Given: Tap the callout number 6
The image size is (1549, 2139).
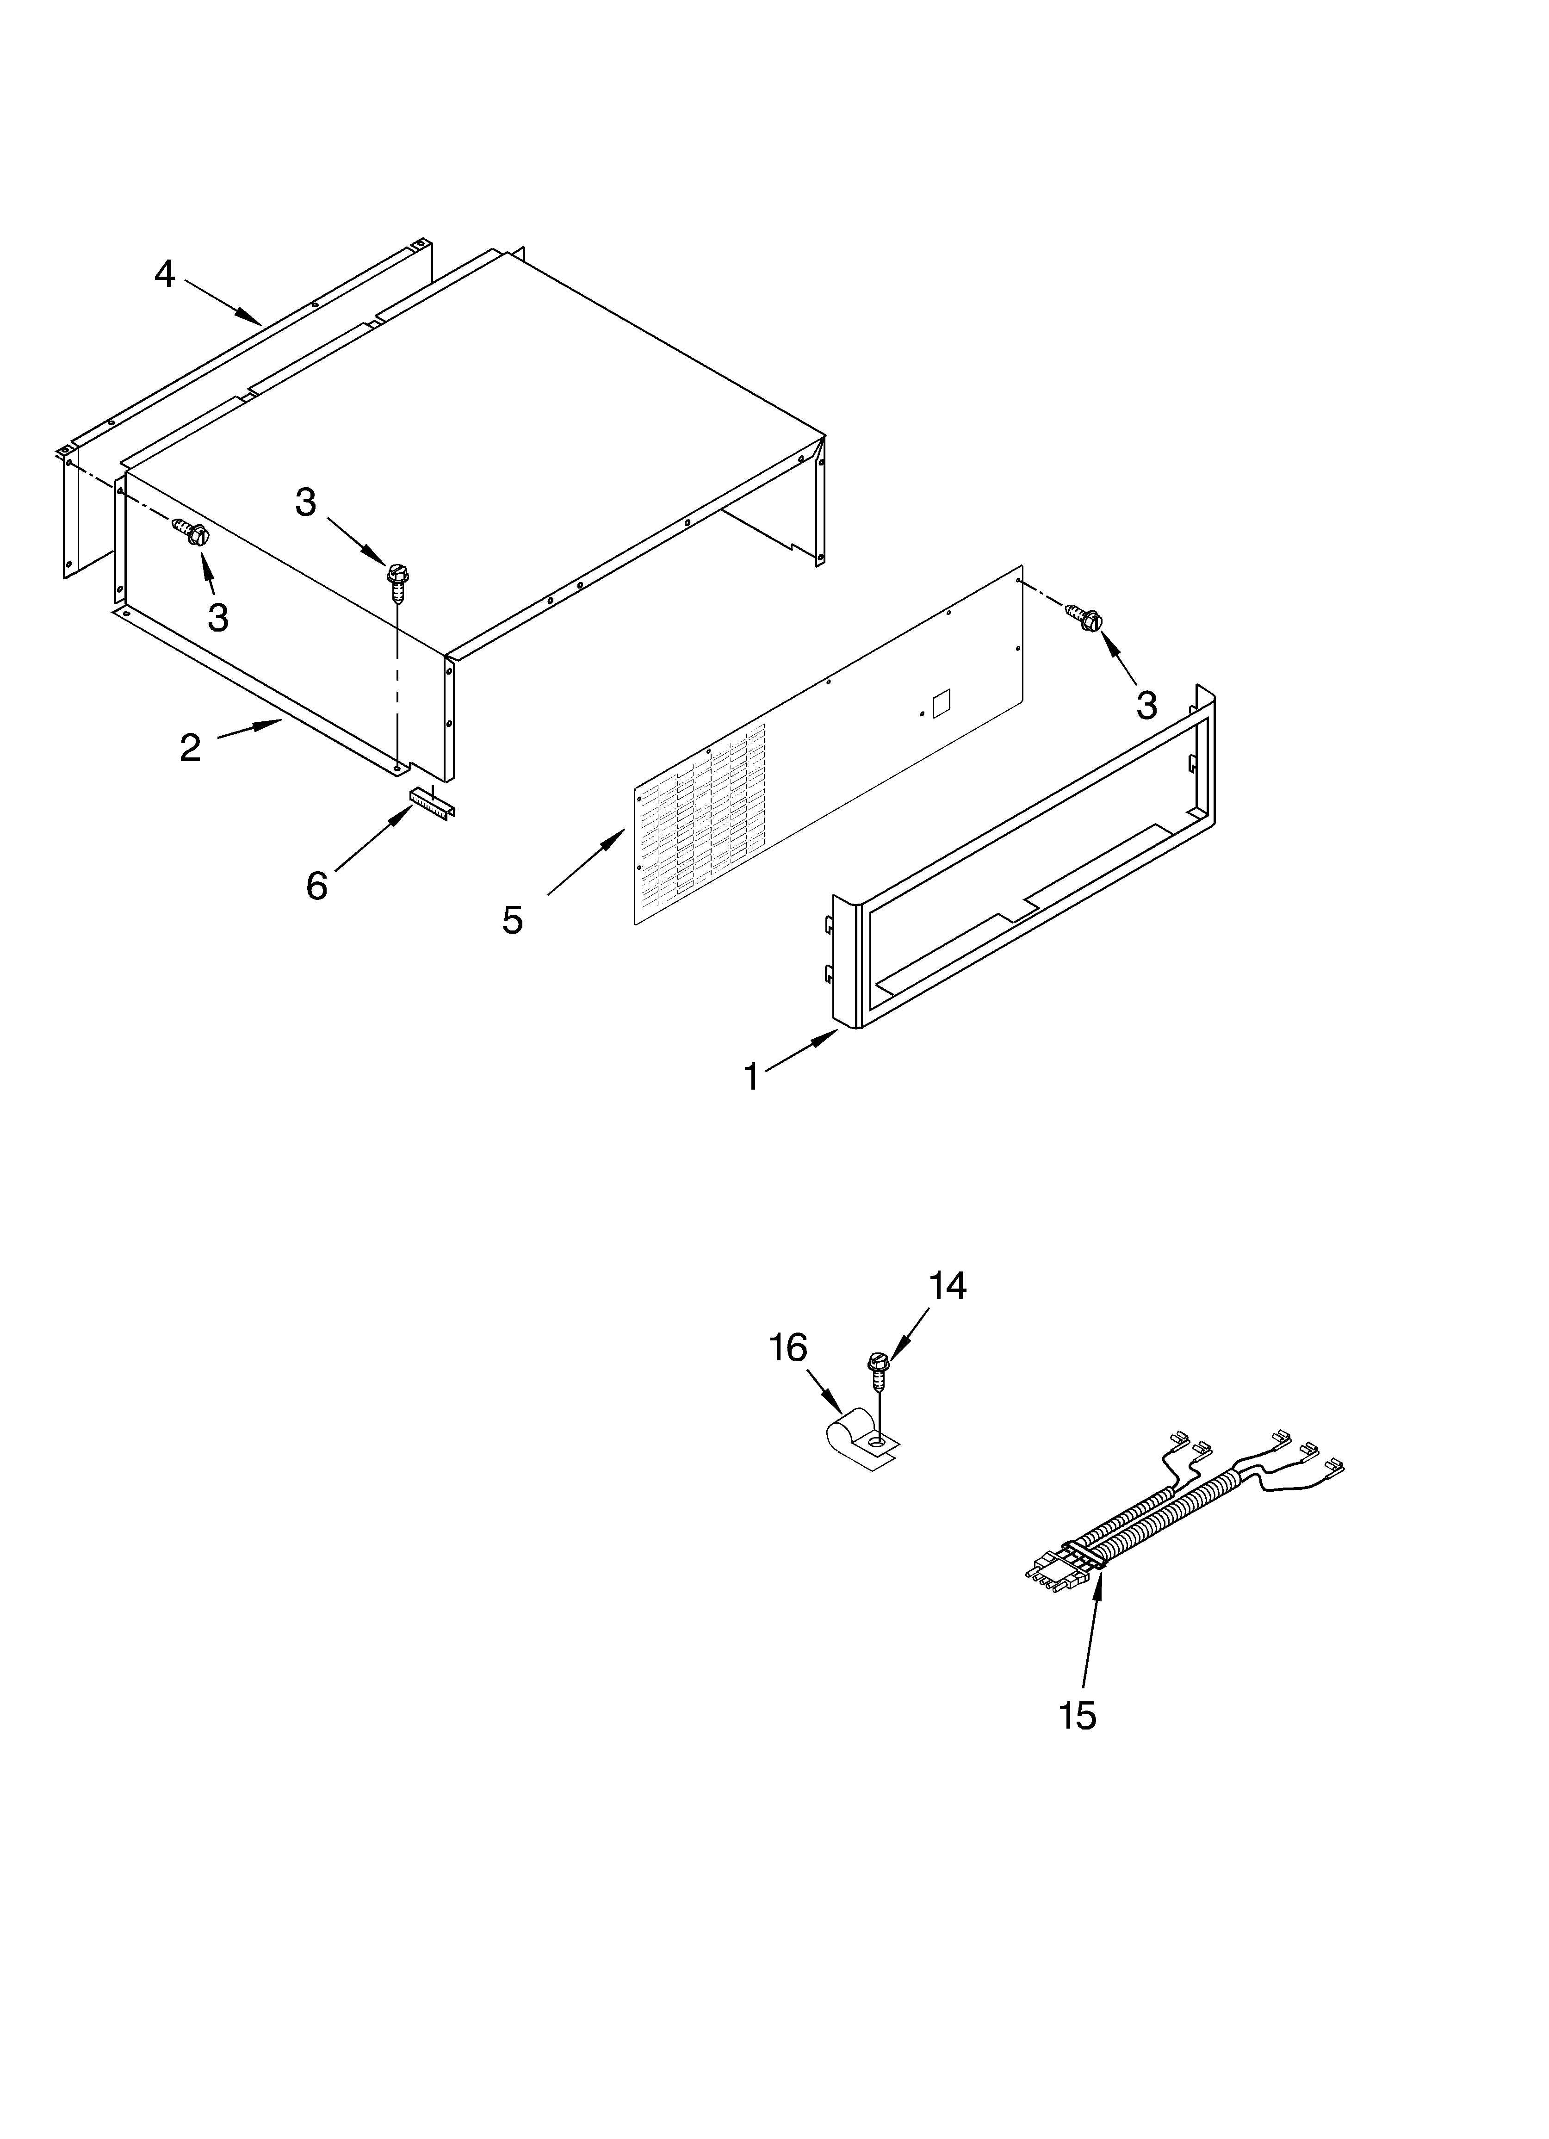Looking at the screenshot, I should click(x=317, y=886).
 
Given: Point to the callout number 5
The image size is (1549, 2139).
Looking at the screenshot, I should click(x=512, y=919).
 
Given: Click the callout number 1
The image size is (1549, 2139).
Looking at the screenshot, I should click(x=752, y=1076).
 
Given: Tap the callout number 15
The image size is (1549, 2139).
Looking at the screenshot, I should click(x=1078, y=1715).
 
